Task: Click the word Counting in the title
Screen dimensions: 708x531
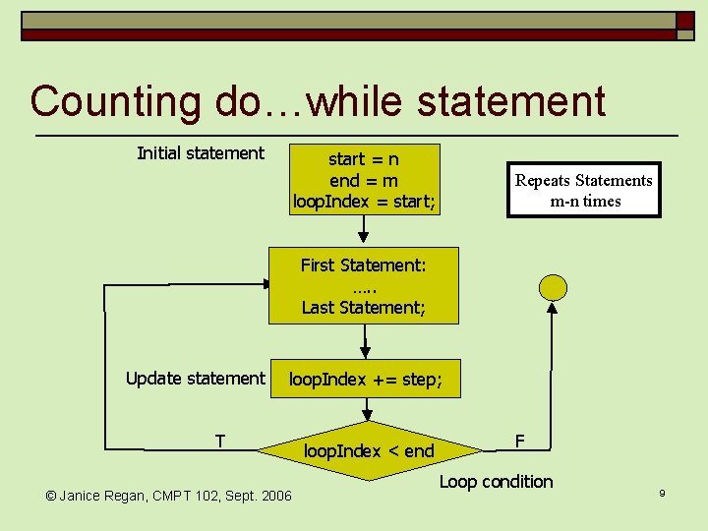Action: point(115,101)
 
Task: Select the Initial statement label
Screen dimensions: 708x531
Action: point(201,152)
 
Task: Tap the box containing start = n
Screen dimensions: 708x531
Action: point(364,180)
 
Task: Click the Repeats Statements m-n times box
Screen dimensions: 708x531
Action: point(584,190)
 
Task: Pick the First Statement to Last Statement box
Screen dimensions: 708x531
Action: point(364,285)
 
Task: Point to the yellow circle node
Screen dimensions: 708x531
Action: point(554,286)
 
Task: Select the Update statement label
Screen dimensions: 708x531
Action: point(196,379)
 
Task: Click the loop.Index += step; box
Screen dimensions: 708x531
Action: point(364,379)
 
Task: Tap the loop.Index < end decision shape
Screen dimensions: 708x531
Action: point(369,451)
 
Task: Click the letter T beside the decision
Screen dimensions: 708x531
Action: point(221,441)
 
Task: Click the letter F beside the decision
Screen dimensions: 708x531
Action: point(518,441)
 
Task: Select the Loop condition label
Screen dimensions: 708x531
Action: point(496,481)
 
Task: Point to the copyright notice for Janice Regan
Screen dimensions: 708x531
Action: point(169,495)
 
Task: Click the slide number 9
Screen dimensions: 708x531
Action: point(663,492)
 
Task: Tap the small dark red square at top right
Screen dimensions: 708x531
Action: point(685,20)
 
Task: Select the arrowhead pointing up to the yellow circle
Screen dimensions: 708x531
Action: point(553,308)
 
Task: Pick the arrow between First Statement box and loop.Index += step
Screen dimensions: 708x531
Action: point(364,341)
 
